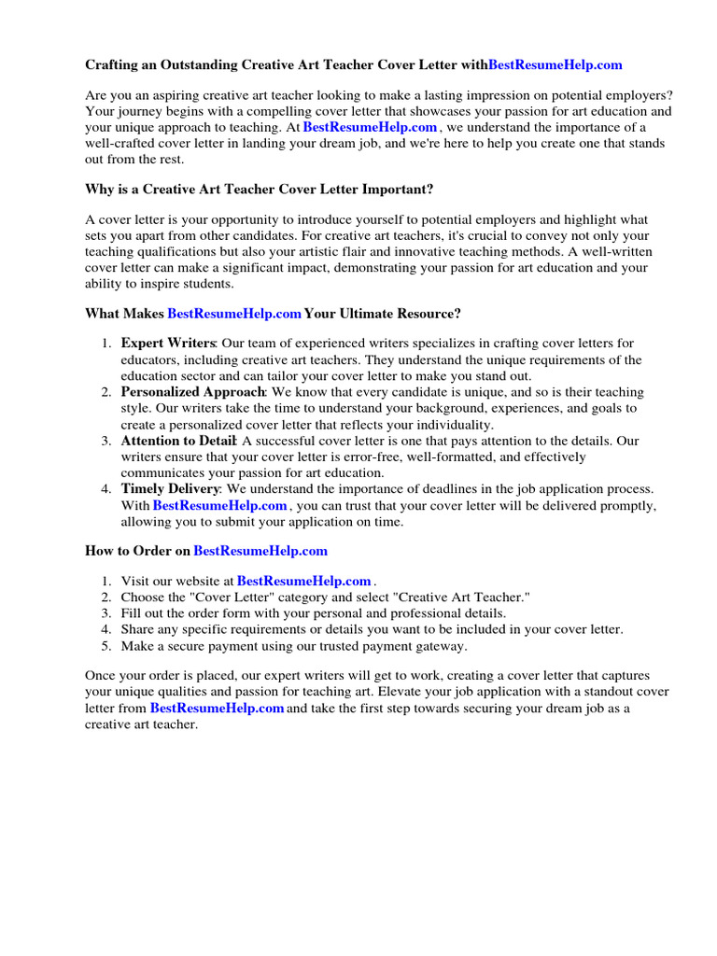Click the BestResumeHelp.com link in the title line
555,65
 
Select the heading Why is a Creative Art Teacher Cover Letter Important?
260,190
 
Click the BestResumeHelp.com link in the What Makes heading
234,314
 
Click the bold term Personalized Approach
193,392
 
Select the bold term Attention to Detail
179,441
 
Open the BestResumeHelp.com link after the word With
219,506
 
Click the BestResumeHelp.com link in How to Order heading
260,551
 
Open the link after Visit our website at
304,581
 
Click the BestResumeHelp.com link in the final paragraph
217,709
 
